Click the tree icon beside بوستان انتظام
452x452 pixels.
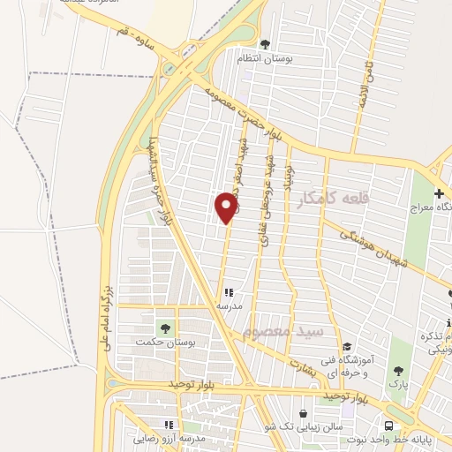point(265,42)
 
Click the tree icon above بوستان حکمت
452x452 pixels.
point(163,329)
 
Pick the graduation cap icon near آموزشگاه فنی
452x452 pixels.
point(348,347)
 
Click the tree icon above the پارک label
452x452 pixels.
point(398,372)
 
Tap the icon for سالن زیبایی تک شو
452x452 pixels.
point(304,413)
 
